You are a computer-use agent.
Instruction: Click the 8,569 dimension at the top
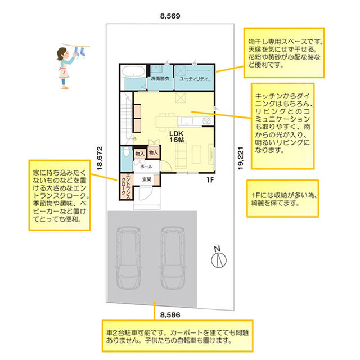(170, 16)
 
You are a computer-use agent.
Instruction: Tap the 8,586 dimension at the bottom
(170, 315)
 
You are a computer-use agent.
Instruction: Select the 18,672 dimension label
(100, 159)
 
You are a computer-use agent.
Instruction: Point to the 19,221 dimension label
(240, 158)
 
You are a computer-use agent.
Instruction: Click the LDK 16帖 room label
(177, 137)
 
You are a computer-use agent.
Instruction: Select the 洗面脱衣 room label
(160, 79)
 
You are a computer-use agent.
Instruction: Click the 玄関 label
(147, 179)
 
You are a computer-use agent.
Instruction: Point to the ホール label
(146, 166)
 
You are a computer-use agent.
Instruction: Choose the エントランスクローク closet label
(126, 187)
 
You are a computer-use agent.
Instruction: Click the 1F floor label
(210, 180)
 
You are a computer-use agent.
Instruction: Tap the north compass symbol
(219, 257)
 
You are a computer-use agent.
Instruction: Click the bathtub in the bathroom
(133, 71)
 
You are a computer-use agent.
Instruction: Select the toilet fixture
(126, 152)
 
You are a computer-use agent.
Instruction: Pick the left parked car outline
(128, 258)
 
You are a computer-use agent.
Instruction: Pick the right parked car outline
(173, 258)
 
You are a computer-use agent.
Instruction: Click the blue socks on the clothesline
(79, 51)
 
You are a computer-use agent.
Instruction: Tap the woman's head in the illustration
(62, 54)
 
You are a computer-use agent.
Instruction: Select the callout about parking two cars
(178, 336)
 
